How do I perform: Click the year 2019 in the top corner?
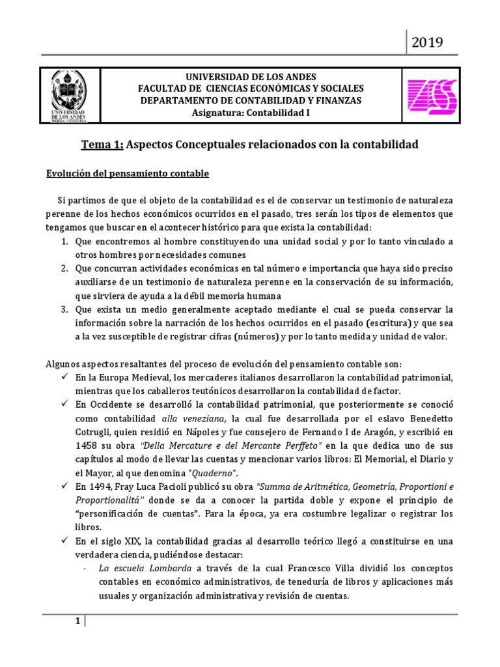(x=427, y=42)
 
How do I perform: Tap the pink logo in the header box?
(x=432, y=95)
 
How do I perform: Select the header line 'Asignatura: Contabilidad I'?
(x=251, y=113)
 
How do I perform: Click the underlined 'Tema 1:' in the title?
(x=101, y=145)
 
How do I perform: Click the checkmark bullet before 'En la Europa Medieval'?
(x=65, y=378)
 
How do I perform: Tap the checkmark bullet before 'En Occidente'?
(x=65, y=405)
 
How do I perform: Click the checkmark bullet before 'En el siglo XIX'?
(x=65, y=541)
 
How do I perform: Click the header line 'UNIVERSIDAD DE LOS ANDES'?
(x=251, y=76)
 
